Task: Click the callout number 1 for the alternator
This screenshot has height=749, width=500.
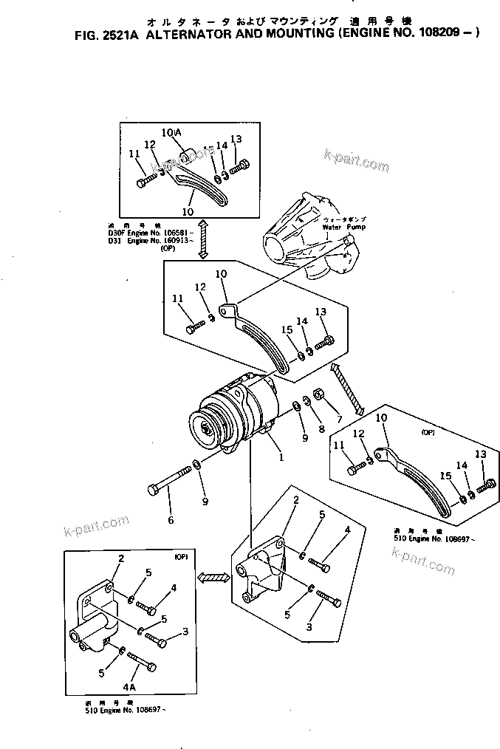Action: click(281, 456)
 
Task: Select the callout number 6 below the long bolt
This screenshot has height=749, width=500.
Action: click(171, 520)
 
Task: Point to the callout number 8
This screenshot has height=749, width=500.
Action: click(322, 428)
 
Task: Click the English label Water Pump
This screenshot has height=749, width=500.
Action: click(339, 228)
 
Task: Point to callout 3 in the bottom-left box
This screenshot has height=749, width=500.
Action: click(185, 632)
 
